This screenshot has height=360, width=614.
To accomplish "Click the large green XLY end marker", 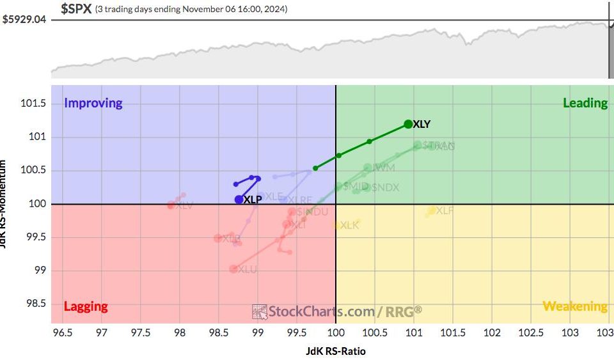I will (408, 124).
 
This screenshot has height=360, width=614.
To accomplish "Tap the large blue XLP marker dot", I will (239, 200).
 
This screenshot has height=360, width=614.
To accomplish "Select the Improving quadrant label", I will (93, 103).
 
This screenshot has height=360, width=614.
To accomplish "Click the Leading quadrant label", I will (585, 103).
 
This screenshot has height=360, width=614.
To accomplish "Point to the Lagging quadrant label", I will (86, 306).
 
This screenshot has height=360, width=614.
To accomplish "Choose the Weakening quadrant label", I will (574, 306).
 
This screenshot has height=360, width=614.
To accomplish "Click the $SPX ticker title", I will (76, 9).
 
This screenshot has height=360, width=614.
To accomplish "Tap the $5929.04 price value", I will (25, 20).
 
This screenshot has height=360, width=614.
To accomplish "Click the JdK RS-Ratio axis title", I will (335, 350).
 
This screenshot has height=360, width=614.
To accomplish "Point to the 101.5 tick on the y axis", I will (35, 104).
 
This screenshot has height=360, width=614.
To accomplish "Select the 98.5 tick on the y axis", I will (35, 303).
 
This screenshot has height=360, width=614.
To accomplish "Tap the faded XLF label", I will (445, 210).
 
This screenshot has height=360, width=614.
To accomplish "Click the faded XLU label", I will (248, 270).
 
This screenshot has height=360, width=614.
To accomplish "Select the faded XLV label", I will (184, 205).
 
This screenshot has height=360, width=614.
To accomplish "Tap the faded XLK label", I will (350, 225).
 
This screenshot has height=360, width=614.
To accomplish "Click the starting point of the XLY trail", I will (316, 168).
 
